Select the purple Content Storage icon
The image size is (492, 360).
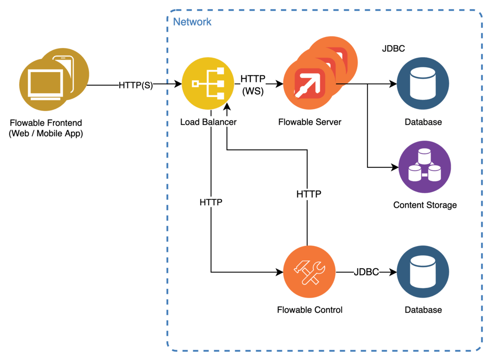pyautogui.click(x=424, y=167)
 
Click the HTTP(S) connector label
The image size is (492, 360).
pyautogui.click(x=136, y=86)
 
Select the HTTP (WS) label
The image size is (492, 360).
pyautogui.click(x=252, y=85)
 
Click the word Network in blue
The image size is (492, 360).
pyautogui.click(x=192, y=22)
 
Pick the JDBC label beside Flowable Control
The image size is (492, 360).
pyautogui.click(x=367, y=272)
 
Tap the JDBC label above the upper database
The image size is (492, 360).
pyautogui.click(x=393, y=49)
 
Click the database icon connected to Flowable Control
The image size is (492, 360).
pyautogui.click(x=423, y=272)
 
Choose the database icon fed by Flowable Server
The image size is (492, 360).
pyautogui.click(x=423, y=84)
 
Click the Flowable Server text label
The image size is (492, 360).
pyautogui.click(x=310, y=122)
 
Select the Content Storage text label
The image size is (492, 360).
pyautogui.click(x=425, y=205)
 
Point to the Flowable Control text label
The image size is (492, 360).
pyautogui.click(x=310, y=310)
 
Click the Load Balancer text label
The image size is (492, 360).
pyautogui.click(x=208, y=122)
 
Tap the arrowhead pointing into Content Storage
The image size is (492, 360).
pyautogui.click(x=395, y=167)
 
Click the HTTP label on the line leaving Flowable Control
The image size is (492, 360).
pyautogui.click(x=308, y=194)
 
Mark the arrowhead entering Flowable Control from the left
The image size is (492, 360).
pyautogui.click(x=280, y=273)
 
